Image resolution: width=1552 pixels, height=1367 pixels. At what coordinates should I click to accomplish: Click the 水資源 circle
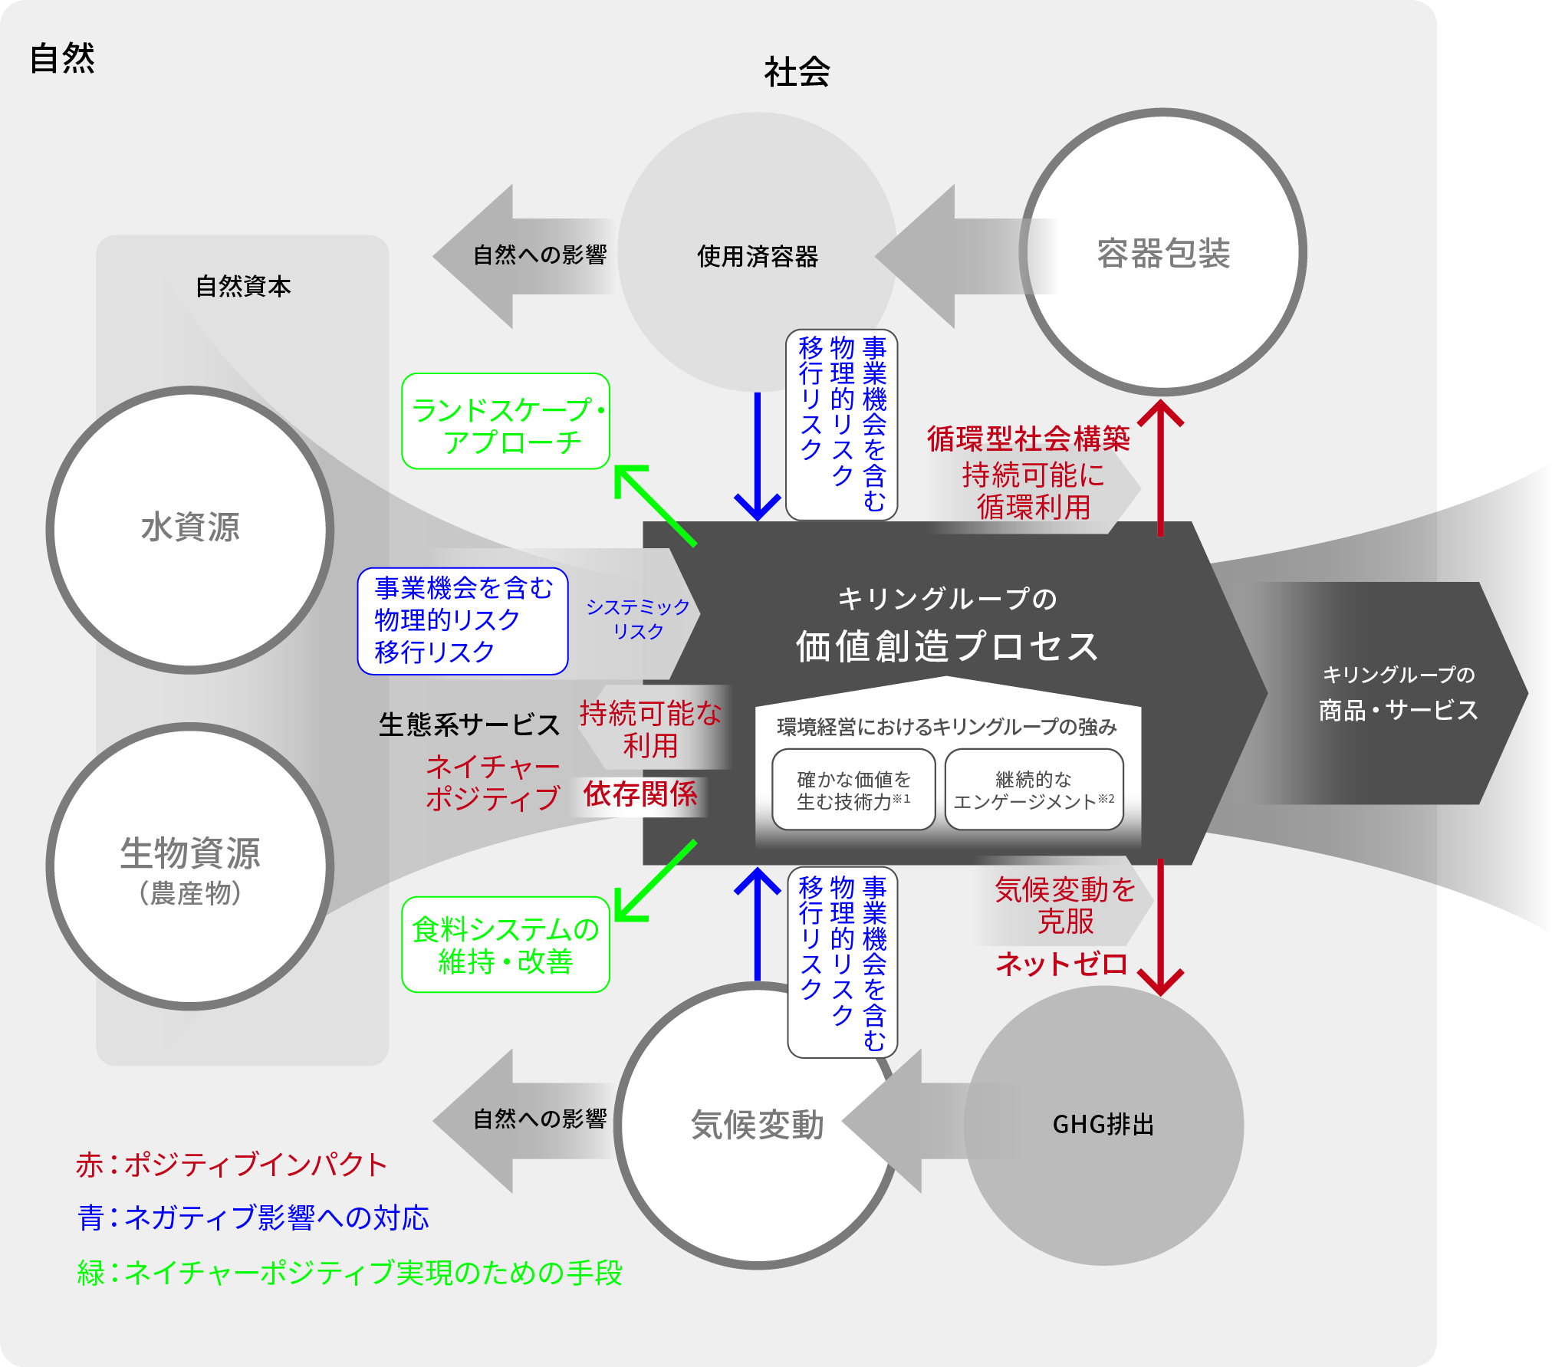(190, 529)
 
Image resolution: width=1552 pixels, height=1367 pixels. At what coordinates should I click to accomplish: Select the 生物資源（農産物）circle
(190, 866)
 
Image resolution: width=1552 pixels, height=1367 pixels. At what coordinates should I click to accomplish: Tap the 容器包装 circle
(1162, 253)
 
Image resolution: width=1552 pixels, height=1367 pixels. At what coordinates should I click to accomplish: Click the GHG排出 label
(1103, 1125)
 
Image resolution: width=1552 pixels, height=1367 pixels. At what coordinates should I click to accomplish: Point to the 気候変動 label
(757, 1125)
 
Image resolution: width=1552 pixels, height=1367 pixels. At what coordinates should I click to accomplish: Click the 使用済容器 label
(757, 256)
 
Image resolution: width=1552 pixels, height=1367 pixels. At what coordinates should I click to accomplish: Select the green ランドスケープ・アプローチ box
(505, 422)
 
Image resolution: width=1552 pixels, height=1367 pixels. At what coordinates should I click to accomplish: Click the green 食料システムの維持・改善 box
(505, 945)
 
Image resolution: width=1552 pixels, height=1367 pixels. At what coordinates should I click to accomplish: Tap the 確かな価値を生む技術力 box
(853, 790)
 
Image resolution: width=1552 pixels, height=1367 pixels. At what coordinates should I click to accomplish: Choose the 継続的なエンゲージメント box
(1034, 790)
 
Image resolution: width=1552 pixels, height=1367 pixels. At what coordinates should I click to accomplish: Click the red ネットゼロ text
(1061, 964)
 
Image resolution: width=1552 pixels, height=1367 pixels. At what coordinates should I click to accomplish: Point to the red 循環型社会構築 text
(1028, 439)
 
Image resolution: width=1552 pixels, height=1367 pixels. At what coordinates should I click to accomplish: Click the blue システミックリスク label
(637, 619)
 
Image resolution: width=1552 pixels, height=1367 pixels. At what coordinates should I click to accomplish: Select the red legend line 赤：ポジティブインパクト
(231, 1165)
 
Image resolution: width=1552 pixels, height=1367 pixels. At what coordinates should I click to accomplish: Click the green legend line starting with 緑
(350, 1273)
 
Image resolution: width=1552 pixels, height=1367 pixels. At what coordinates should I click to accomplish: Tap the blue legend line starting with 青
(253, 1217)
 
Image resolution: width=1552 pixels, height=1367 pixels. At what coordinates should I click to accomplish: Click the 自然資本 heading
(243, 286)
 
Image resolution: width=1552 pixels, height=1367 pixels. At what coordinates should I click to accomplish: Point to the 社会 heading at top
(797, 72)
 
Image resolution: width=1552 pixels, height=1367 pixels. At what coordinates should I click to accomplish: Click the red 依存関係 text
(640, 794)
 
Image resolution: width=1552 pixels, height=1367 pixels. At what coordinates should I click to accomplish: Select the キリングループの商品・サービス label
(1398, 693)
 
